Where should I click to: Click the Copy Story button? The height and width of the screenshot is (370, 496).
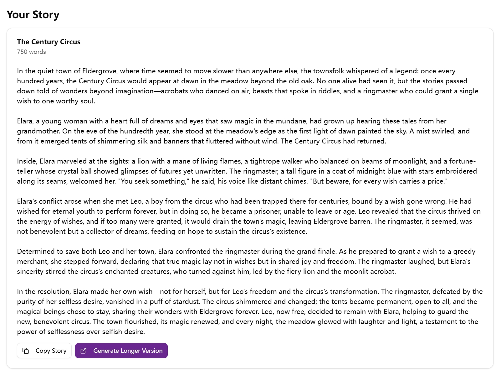pyautogui.click(x=44, y=351)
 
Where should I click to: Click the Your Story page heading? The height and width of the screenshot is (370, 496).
pyautogui.click(x=33, y=15)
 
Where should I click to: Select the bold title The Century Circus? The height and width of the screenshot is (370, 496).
pyautogui.click(x=49, y=42)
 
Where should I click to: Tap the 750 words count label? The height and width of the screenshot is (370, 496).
pyautogui.click(x=31, y=52)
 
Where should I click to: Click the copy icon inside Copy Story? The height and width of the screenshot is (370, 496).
pyautogui.click(x=26, y=351)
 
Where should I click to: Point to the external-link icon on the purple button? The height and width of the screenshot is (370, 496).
pyautogui.click(x=84, y=351)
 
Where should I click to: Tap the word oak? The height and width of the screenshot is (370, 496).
pyautogui.click(x=306, y=81)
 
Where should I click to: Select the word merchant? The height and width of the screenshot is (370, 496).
pyautogui.click(x=32, y=261)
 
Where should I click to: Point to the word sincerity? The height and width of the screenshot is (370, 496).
pyautogui.click(x=30, y=271)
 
